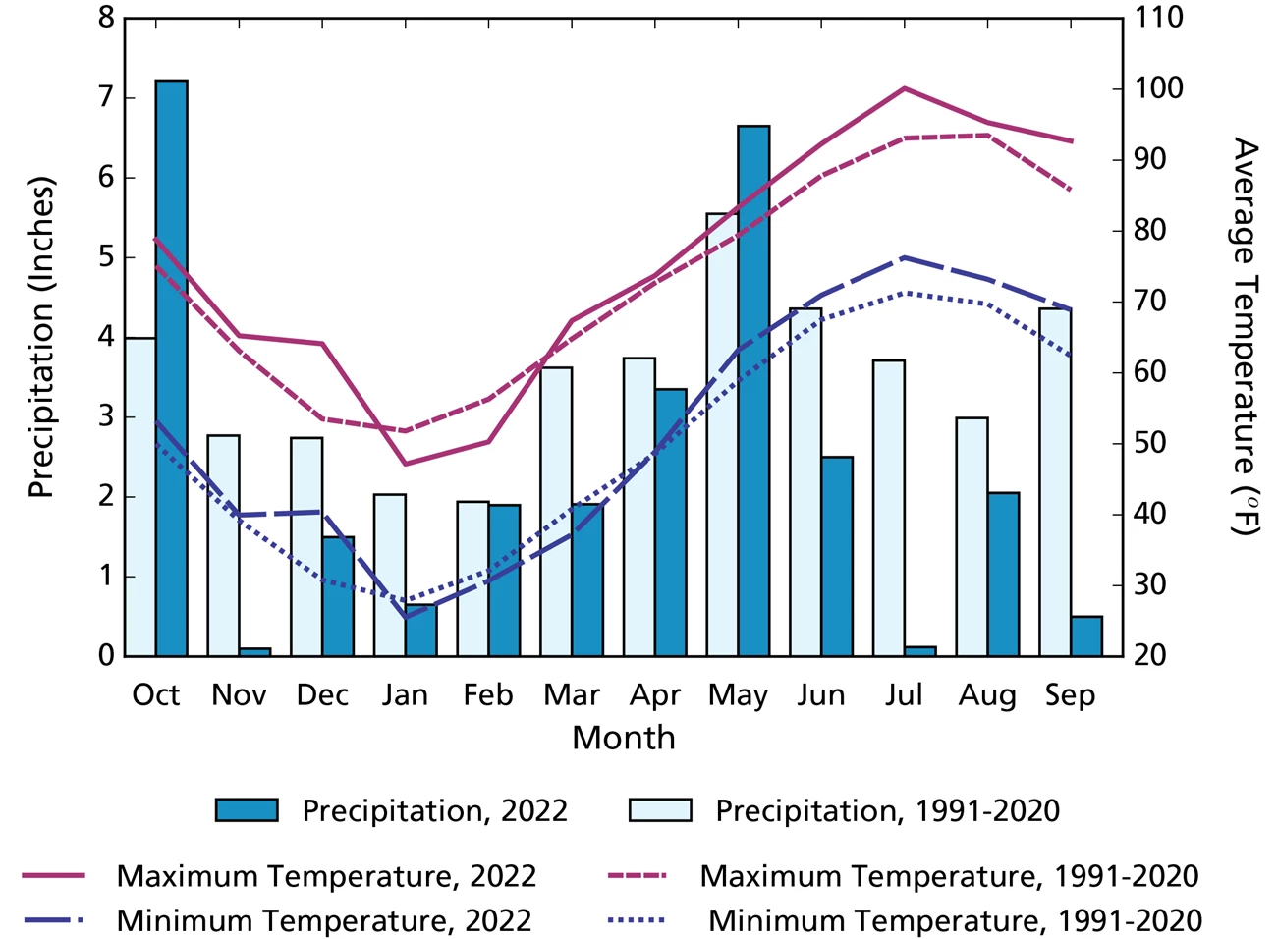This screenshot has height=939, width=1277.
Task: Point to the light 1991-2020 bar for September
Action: point(1055,481)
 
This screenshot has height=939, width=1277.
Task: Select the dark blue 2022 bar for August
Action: point(1004,574)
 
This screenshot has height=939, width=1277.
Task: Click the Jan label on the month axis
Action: point(405,695)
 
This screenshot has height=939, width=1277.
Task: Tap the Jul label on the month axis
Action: point(904,695)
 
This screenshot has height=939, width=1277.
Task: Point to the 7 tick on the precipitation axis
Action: point(105,98)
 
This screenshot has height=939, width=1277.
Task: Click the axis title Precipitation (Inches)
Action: point(40,337)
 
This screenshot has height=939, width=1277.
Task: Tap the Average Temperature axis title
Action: point(1244,337)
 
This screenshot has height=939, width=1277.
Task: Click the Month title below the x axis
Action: point(624,738)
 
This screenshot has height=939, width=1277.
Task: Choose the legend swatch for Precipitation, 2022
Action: point(247,810)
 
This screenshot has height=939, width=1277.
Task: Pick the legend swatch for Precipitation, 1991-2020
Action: point(660,810)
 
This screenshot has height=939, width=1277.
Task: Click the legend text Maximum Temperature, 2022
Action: point(326,875)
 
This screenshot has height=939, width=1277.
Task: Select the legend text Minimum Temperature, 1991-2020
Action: point(955,920)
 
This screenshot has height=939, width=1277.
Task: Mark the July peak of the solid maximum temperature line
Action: point(904,88)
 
